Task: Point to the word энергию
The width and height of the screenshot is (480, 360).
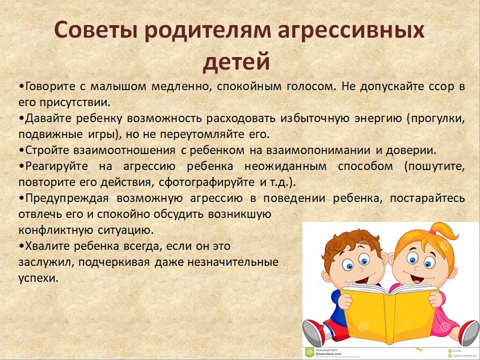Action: (378, 119)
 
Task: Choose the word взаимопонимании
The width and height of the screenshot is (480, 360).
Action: (318, 150)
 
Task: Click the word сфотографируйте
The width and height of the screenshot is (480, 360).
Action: (207, 183)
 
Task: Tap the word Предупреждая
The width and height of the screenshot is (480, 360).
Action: (67, 199)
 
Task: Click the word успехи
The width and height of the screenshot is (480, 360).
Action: (38, 278)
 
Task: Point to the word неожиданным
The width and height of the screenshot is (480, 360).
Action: (285, 167)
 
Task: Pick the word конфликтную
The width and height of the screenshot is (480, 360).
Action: (55, 230)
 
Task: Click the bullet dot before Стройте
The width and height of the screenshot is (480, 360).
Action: (22, 151)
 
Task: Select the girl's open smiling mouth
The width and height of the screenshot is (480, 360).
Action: (417, 278)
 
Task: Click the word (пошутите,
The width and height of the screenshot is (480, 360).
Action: (434, 167)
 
